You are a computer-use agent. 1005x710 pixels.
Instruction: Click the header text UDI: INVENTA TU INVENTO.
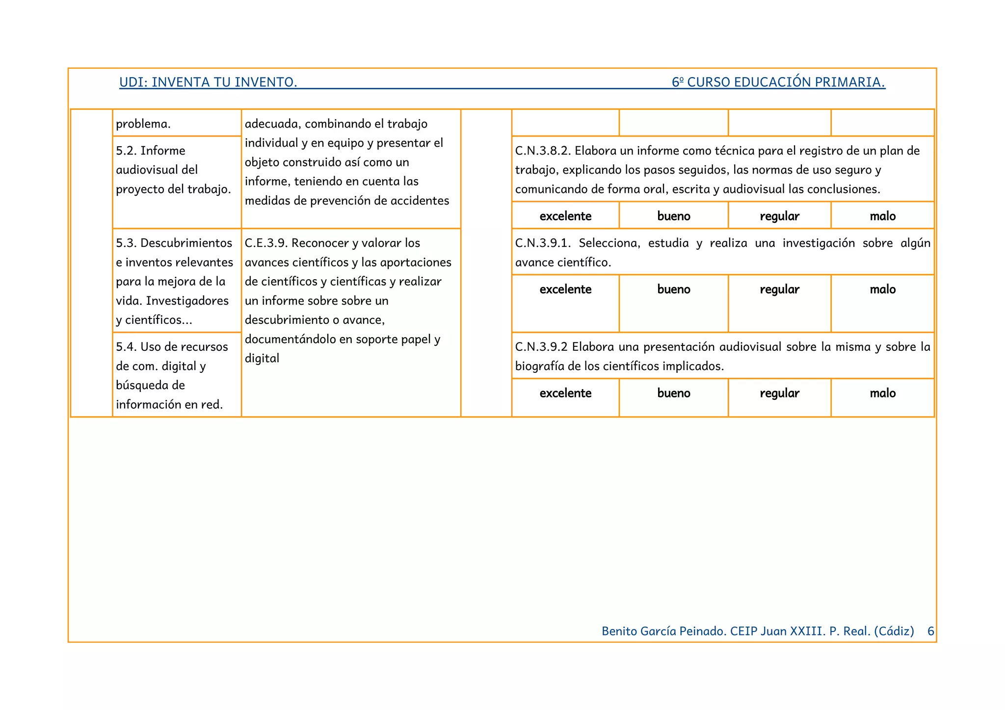click(208, 82)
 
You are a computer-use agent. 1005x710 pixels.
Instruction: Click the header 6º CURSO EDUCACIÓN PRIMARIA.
click(778, 82)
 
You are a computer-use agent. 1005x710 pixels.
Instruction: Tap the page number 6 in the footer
click(930, 631)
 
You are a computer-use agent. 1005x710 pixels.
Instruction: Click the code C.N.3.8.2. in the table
click(543, 151)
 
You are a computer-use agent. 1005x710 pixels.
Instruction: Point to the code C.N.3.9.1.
click(543, 243)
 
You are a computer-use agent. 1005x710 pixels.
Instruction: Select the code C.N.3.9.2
click(541, 347)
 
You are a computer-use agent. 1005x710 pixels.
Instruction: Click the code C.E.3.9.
click(266, 243)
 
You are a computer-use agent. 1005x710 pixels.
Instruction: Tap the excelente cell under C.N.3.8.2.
click(565, 216)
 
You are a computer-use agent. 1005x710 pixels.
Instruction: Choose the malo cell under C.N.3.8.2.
click(882, 216)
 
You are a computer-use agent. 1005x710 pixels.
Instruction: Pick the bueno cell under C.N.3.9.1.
click(673, 289)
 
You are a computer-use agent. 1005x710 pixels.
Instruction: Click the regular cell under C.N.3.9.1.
click(779, 289)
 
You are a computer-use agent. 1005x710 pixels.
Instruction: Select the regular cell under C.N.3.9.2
click(779, 393)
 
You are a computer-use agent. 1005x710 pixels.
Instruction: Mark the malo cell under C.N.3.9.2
click(882, 393)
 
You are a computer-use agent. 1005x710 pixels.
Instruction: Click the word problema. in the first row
click(143, 124)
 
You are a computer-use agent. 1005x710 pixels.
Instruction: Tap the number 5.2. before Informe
click(126, 151)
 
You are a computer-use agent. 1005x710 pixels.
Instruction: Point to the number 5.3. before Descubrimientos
click(126, 243)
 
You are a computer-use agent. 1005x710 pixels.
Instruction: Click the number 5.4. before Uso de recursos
click(126, 347)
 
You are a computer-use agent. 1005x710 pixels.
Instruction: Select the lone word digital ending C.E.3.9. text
click(262, 358)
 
